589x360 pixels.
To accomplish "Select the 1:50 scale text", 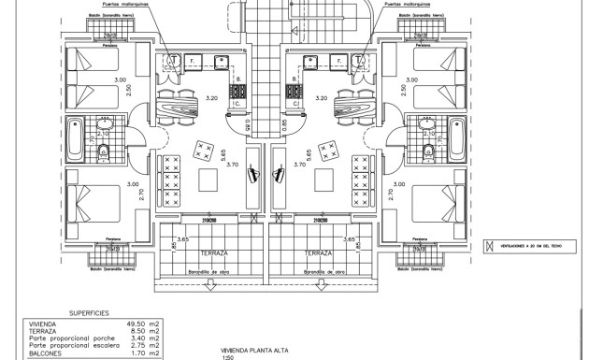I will (225, 356).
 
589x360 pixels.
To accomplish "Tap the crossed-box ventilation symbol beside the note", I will (487, 246).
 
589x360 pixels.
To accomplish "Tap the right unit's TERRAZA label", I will (319, 252).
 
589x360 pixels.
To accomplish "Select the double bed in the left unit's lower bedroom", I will (93, 205).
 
